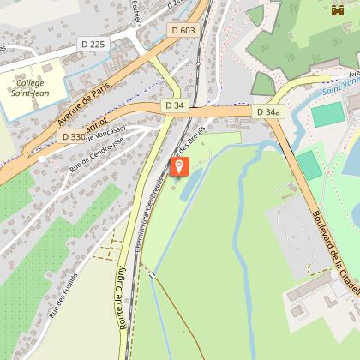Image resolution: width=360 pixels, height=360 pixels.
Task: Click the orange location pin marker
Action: pyautogui.click(x=180, y=166)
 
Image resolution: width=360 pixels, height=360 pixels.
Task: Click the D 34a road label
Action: pyautogui.click(x=268, y=111)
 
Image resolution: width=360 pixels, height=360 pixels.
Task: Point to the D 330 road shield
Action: pyautogui.click(x=74, y=136)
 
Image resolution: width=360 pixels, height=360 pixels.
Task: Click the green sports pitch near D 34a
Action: pyautogui.click(x=327, y=115)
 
